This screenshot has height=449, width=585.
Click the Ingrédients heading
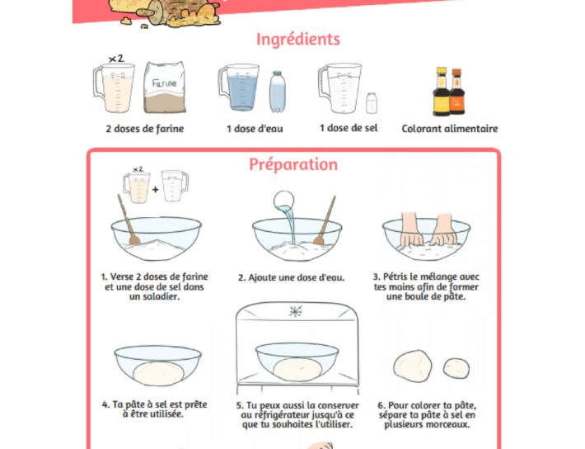[298, 40]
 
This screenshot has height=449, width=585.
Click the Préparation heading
[293, 164]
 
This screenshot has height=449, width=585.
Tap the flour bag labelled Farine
[165, 87]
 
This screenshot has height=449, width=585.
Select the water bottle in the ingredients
[277, 92]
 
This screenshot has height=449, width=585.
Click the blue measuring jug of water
[239, 87]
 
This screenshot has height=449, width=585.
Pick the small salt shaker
[372, 103]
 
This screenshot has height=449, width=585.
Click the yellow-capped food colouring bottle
[442, 92]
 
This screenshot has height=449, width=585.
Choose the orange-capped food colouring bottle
[457, 92]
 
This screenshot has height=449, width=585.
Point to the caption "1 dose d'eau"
[255, 129]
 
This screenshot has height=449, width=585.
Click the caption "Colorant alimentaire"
[450, 129]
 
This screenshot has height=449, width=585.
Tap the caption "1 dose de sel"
[349, 128]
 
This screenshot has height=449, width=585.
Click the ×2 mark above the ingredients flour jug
[116, 59]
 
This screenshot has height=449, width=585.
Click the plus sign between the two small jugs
[155, 189]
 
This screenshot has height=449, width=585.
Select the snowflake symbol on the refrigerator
[296, 311]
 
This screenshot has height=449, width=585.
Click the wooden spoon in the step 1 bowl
[129, 220]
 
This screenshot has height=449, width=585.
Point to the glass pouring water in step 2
[283, 201]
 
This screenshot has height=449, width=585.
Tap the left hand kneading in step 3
[412, 229]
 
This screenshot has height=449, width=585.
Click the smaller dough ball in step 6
[456, 368]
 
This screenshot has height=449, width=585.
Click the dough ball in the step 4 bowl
[158, 374]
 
